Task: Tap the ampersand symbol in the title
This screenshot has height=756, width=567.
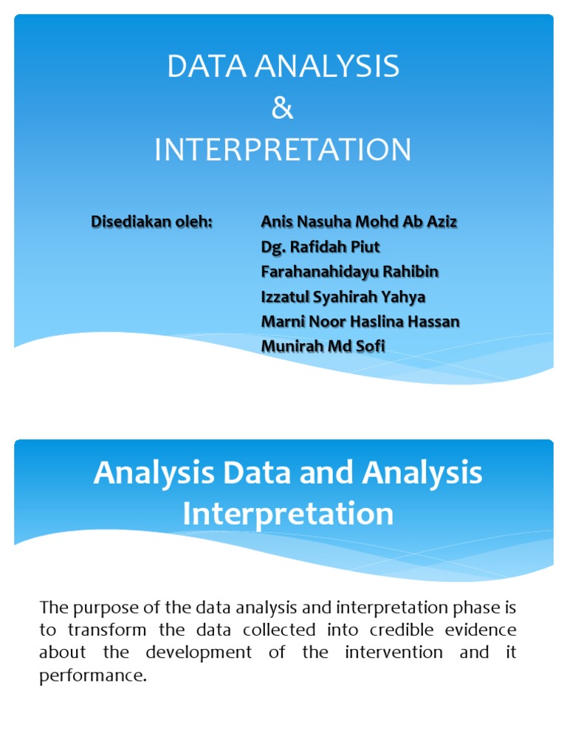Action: point(283,109)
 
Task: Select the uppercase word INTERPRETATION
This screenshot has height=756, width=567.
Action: point(283,150)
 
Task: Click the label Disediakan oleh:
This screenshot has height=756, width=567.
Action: point(151,221)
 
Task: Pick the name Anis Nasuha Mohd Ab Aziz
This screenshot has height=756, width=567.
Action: point(360,221)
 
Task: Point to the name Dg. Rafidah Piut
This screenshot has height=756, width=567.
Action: point(320,247)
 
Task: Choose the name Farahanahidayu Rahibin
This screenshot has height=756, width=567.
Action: point(350,272)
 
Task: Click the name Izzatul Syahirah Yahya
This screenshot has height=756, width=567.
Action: point(343,297)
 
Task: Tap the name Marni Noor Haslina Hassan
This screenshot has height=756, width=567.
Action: point(360,322)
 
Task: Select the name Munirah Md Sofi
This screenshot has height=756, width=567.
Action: point(323,346)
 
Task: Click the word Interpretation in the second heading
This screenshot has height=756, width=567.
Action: point(288,514)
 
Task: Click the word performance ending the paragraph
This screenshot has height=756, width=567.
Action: point(91,676)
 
